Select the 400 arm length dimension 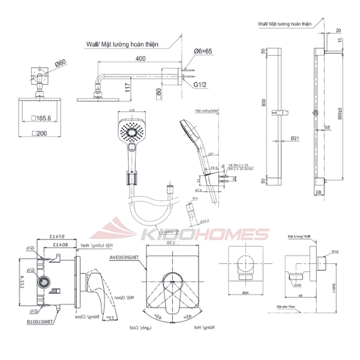tap(140, 59)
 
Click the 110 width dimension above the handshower tap(131, 110)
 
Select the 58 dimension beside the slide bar tap(327, 127)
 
